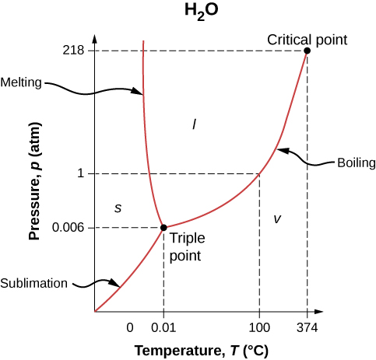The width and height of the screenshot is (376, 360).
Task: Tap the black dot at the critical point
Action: pyautogui.click(x=307, y=51)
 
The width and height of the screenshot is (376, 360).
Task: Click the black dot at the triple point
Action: pyautogui.click(x=163, y=227)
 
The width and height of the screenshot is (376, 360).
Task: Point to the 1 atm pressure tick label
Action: pyautogui.click(x=80, y=173)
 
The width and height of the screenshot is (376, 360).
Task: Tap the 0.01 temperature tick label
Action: pyautogui.click(x=163, y=327)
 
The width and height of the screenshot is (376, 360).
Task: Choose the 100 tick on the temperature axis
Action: pyautogui.click(x=259, y=327)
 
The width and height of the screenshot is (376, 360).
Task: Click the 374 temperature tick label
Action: pyautogui.click(x=307, y=327)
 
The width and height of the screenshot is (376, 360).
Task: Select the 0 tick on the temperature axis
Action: pyautogui.click(x=130, y=327)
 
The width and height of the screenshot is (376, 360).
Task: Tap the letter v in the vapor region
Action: pyautogui.click(x=276, y=218)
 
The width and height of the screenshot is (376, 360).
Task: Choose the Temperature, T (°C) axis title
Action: pyautogui.click(x=201, y=350)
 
